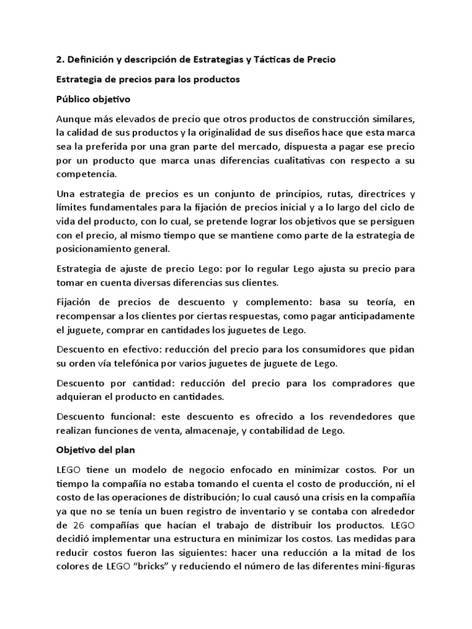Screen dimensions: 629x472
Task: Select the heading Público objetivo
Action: coord(93,99)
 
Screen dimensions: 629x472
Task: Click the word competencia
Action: coord(85,174)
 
